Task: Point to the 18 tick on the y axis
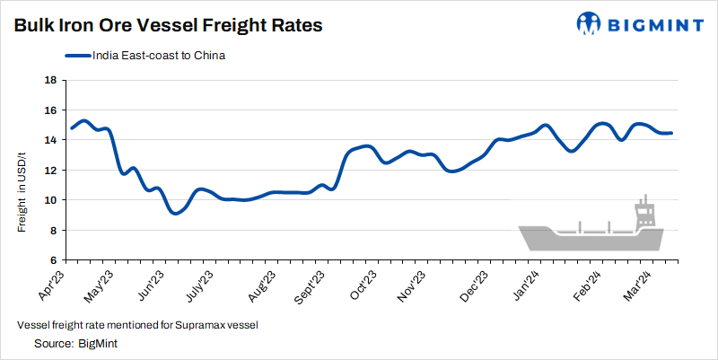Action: click(50, 80)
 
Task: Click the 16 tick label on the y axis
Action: click(50, 110)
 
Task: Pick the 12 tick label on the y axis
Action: click(50, 170)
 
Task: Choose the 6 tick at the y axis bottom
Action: click(54, 260)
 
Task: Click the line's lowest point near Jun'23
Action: click(175, 213)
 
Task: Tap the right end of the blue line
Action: click(671, 133)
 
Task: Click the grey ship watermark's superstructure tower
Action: click(644, 213)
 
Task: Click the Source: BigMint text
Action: click(76, 343)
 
